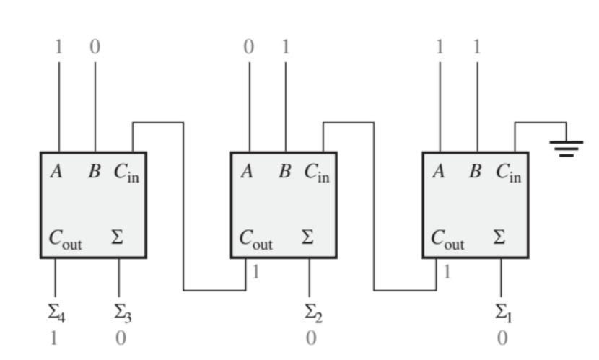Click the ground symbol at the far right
coord(567,149)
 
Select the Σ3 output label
coord(121,313)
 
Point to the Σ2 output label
coord(311,313)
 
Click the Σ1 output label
coord(502,313)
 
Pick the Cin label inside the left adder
coord(126,173)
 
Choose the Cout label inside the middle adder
coord(256,239)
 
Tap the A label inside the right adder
coord(438,172)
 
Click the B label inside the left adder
coord(95,172)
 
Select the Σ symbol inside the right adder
coord(499,237)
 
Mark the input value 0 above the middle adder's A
coord(249,48)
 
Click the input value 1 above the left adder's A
coord(58,48)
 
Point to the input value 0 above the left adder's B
coord(95,48)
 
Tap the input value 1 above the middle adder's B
coord(286,48)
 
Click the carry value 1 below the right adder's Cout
coord(447,272)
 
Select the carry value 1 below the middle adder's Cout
coord(256,272)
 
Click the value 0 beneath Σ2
coord(310,338)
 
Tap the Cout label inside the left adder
coord(65,239)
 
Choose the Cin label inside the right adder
coord(508,173)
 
